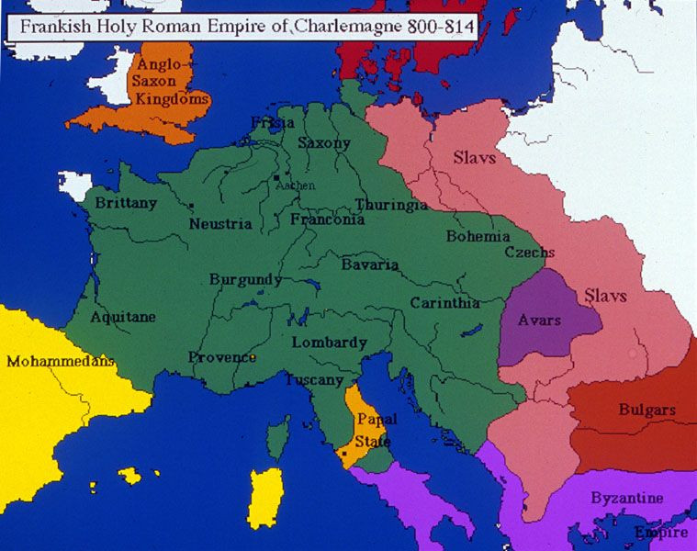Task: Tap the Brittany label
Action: tap(126, 203)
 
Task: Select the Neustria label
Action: tap(220, 223)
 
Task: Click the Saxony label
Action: tap(324, 143)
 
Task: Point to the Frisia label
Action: tap(273, 122)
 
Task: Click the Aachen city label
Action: tap(295, 185)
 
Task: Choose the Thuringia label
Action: tap(391, 204)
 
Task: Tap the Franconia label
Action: tap(327, 219)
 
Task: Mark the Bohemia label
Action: tap(478, 236)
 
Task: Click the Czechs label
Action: tap(529, 253)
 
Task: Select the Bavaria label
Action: tap(370, 264)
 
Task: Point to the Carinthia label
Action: tap(444, 303)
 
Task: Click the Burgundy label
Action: tap(245, 279)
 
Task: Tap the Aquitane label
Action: tap(123, 317)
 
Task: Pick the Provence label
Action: tap(222, 357)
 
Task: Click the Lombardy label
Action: tap(329, 343)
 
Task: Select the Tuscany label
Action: tap(314, 379)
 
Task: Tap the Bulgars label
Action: tap(646, 410)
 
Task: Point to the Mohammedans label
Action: tap(61, 361)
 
